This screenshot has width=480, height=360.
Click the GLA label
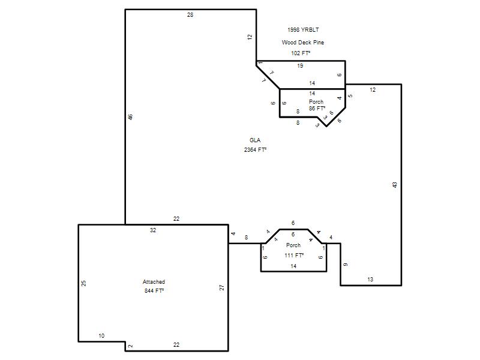pyautogui.click(x=255, y=140)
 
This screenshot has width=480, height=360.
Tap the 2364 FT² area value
pyautogui.click(x=256, y=149)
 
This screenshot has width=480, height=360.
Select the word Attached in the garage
pyautogui.click(x=154, y=281)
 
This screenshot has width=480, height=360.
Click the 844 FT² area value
pyautogui.click(x=154, y=290)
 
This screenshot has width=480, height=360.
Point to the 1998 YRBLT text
pyautogui.click(x=303, y=29)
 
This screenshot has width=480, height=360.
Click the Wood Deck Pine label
pyautogui.click(x=303, y=42)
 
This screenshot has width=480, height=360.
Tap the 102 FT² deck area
pyautogui.click(x=301, y=53)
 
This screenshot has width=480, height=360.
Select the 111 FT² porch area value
pyautogui.click(x=294, y=255)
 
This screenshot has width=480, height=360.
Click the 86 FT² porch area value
pyautogui.click(x=317, y=109)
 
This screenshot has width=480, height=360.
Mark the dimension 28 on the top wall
pyautogui.click(x=190, y=14)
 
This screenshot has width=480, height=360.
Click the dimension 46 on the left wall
pyautogui.click(x=130, y=117)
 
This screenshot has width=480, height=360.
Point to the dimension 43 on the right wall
pyautogui.click(x=395, y=185)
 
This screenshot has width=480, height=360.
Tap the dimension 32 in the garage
pyautogui.click(x=153, y=230)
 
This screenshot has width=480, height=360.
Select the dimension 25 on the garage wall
pyautogui.click(x=83, y=283)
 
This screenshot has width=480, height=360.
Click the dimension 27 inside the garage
pyautogui.click(x=221, y=287)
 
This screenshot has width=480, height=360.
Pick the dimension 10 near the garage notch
pyautogui.click(x=101, y=336)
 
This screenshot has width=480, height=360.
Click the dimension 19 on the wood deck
pyautogui.click(x=300, y=66)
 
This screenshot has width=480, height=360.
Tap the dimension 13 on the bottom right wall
pyautogui.click(x=370, y=279)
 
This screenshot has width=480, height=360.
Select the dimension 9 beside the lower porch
pyautogui.click(x=346, y=265)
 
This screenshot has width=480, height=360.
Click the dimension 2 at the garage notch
pyautogui.click(x=130, y=346)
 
